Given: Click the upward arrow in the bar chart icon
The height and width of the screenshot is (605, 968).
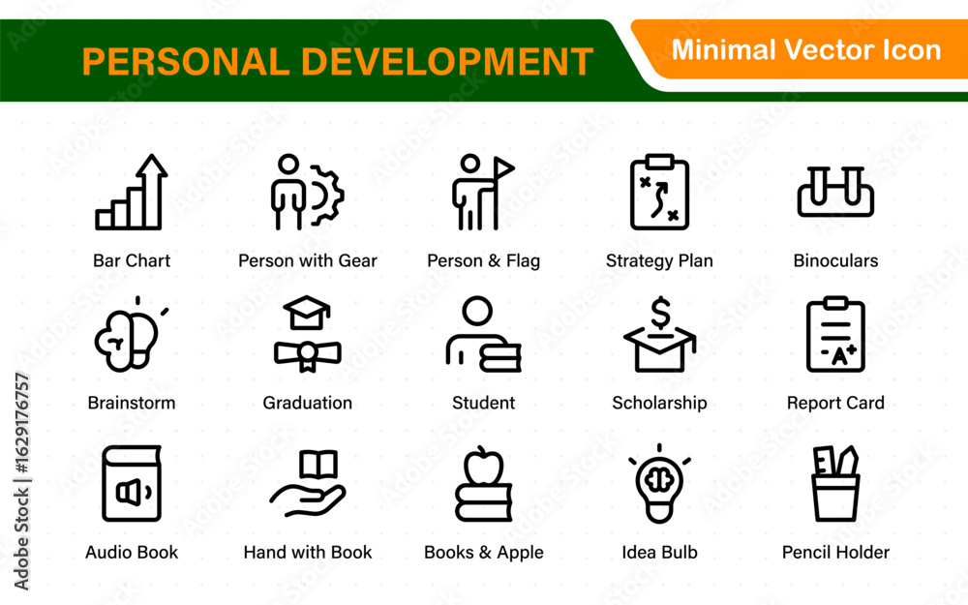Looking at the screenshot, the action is coord(152,192).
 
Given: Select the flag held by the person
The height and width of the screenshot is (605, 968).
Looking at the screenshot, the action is coord(502,167).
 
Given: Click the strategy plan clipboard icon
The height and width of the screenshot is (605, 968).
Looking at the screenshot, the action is coord(659,192).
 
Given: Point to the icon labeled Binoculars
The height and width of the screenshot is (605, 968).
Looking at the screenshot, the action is coord(835,192).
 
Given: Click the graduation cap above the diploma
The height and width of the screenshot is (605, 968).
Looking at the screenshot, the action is coord(307,312).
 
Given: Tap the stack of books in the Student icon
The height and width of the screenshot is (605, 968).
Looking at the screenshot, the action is coord(500,357).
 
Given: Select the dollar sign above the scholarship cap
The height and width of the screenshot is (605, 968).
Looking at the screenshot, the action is coord(660,313).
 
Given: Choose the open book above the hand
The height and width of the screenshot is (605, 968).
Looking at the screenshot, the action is coord(318,465).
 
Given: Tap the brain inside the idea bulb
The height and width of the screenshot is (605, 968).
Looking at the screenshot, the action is coord(658,480).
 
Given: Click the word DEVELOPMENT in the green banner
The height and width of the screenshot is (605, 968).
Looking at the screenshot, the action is coord(447,62).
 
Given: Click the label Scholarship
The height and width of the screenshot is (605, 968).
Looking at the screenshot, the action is coord(659,403).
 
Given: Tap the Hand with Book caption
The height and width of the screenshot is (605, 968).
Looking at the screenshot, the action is coord(308,552).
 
